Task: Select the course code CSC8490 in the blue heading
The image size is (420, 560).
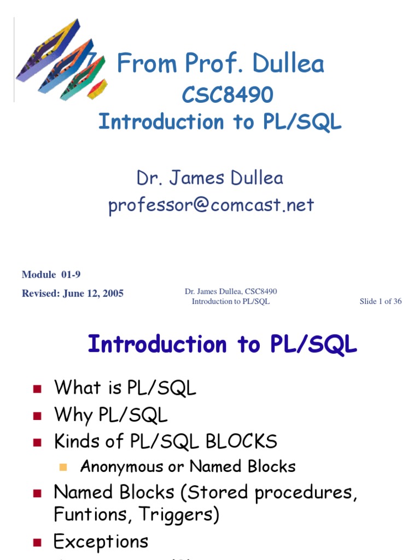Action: [x=227, y=95]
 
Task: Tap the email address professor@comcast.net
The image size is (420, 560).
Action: [x=211, y=205]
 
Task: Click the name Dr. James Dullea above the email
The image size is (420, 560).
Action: [x=210, y=178]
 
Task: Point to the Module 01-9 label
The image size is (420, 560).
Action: [x=51, y=275]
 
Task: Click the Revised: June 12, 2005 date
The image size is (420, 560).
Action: [x=72, y=293]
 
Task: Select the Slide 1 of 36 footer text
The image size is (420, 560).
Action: [x=381, y=301]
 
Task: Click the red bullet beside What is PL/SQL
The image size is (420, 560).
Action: [x=37, y=389]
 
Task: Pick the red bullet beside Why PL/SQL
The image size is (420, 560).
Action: [x=37, y=416]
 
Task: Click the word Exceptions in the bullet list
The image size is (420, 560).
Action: [x=101, y=541]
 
